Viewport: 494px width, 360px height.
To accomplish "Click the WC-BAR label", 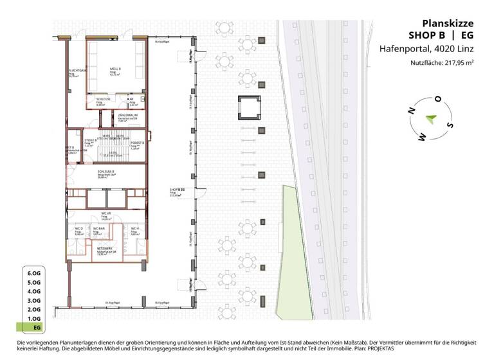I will (99, 228).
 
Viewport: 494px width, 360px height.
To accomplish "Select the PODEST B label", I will (137, 143).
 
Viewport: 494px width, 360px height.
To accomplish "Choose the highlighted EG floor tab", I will (33, 328).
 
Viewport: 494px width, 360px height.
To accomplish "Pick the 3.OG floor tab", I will (33, 300).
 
